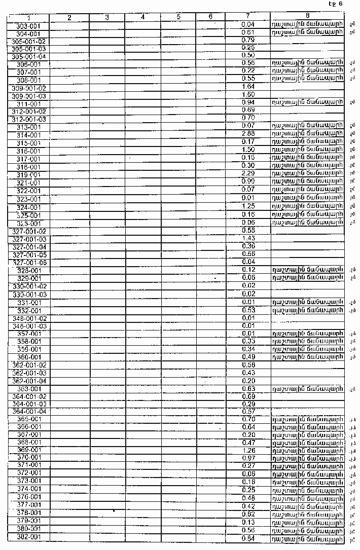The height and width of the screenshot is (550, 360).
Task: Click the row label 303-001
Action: pos(29,25)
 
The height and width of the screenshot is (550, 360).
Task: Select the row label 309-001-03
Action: pos(29,96)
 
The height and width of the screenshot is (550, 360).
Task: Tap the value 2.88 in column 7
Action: pos(248,133)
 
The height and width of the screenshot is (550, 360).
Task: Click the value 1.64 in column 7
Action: pos(248,87)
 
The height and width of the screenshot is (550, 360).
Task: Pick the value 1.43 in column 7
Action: pos(248,238)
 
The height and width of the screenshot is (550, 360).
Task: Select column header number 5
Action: pos(178,17)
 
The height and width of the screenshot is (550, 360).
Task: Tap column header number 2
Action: pos(69,18)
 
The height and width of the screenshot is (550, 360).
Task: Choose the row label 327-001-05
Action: pos(29,254)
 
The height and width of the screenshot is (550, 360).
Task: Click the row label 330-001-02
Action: pos(29,286)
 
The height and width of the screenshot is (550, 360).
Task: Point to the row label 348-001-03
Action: pos(29,326)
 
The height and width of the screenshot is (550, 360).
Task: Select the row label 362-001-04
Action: pos(29,381)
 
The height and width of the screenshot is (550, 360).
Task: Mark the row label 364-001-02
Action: pos(29,396)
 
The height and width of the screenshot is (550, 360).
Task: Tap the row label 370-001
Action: pos(29,457)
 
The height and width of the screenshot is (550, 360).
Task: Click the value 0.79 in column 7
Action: pos(248,40)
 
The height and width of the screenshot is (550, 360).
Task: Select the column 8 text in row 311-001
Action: pos(307,102)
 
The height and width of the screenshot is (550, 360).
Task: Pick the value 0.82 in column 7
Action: pos(248,513)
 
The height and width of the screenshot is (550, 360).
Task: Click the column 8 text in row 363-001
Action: pos(307,389)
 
